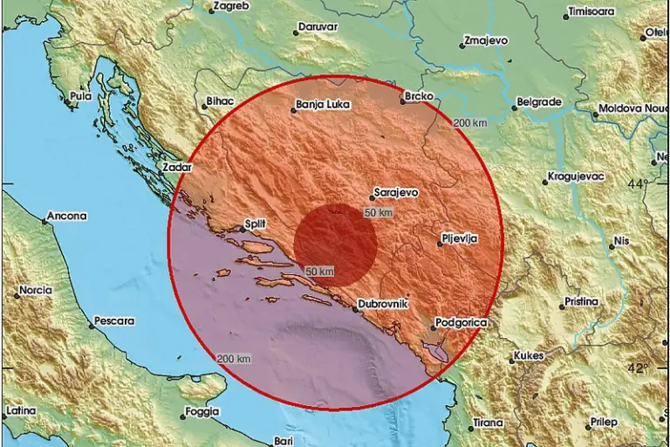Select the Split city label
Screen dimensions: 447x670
coord(255,224)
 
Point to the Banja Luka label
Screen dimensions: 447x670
coord(323,105)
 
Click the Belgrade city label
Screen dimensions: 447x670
coord(538,102)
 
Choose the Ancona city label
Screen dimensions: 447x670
coord(67,216)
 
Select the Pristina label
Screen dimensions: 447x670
coord(581,301)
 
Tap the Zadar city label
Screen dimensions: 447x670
coord(176,166)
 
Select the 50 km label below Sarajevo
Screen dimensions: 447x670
coord(378,212)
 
